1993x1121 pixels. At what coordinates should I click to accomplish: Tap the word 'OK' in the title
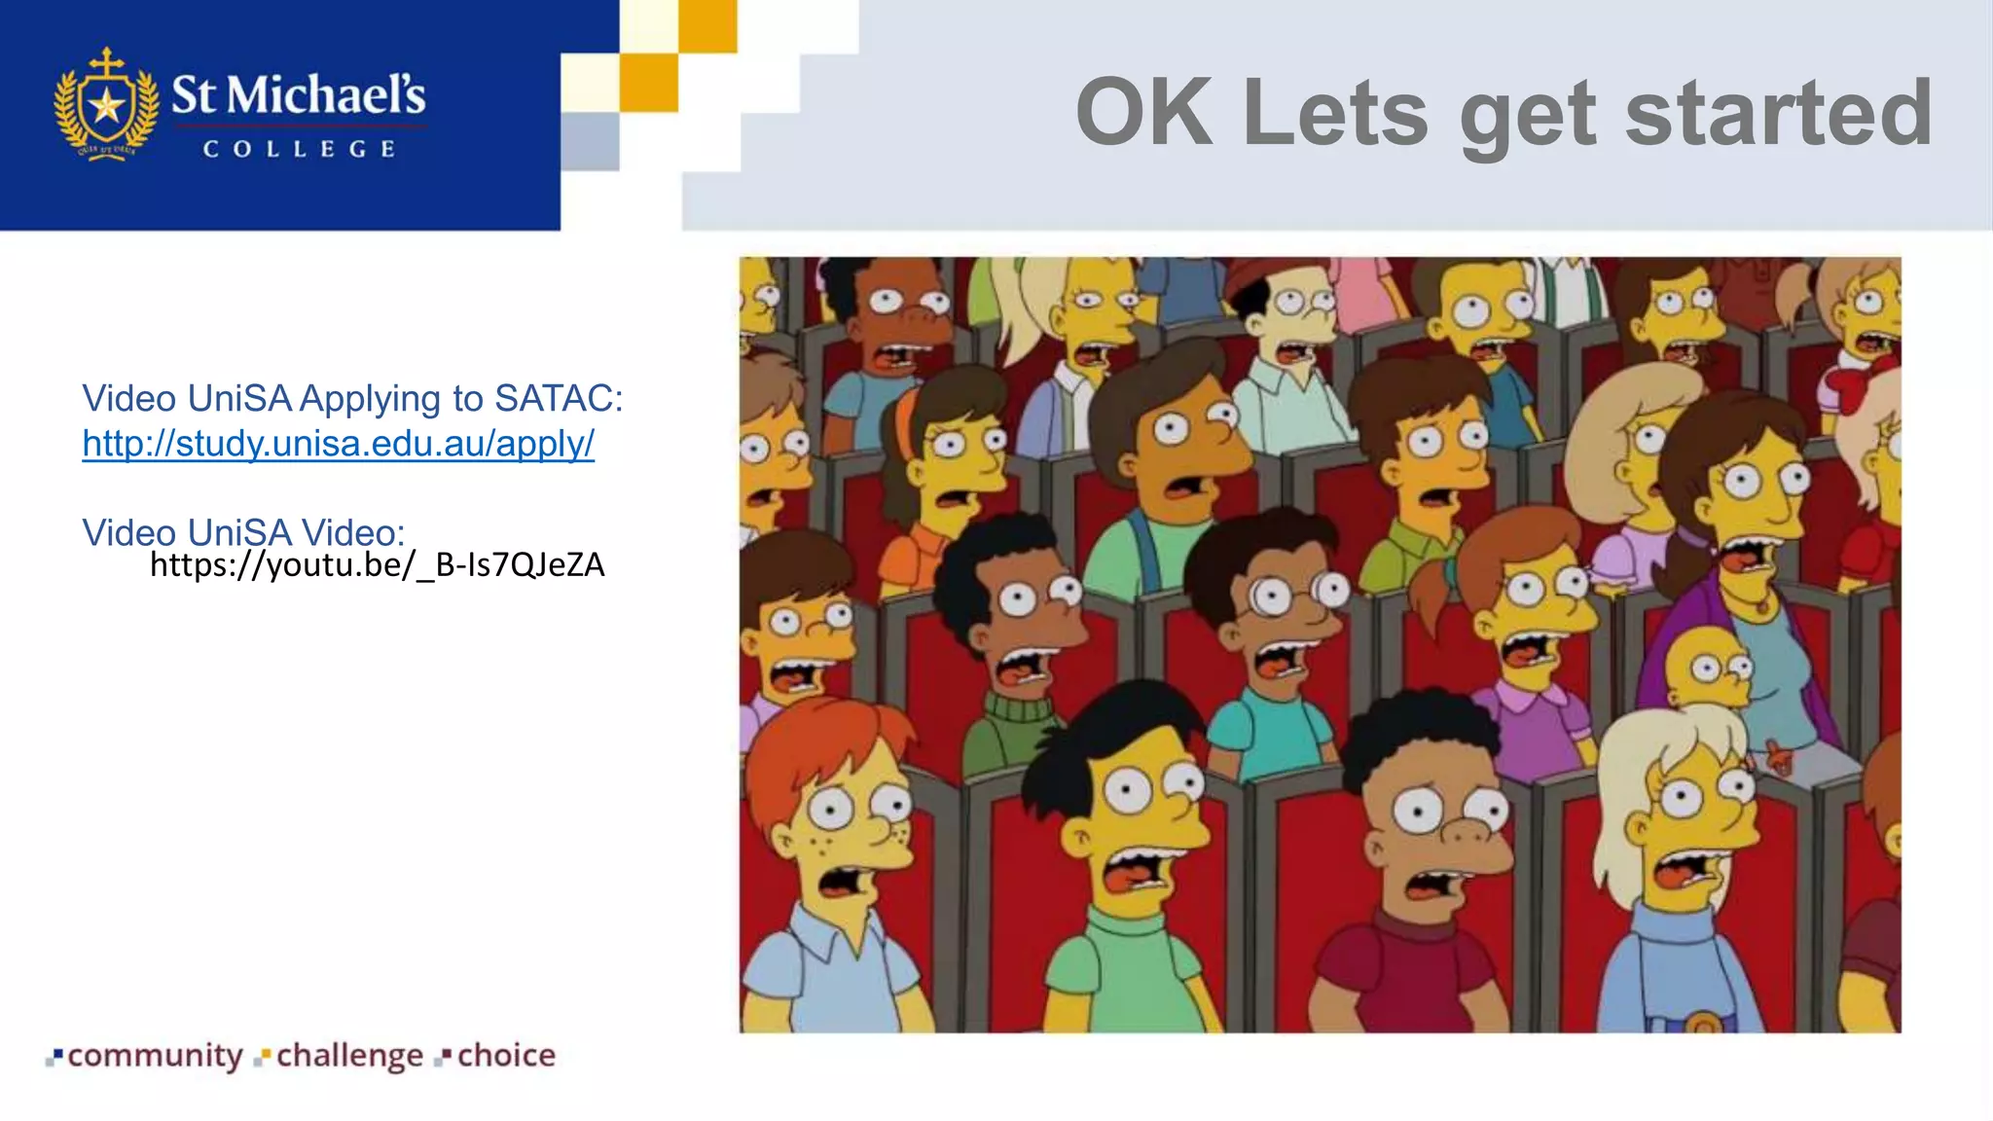1144,113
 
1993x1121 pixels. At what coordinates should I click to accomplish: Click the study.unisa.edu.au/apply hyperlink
338,444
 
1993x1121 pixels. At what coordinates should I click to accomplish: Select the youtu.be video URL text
378,565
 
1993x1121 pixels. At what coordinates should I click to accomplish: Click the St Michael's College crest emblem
106,105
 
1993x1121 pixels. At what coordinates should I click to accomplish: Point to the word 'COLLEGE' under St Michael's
299,150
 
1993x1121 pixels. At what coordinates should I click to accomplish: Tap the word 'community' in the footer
155,1056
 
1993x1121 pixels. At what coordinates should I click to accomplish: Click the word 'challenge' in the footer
349,1056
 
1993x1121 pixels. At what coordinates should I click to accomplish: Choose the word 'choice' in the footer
506,1056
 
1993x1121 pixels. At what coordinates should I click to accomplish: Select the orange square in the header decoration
648,82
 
